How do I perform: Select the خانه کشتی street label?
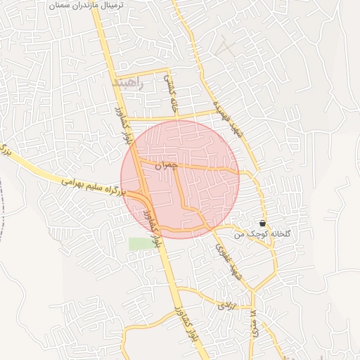(172, 94)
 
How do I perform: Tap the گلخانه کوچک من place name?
(265, 233)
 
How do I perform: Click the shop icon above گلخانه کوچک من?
(262, 222)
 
